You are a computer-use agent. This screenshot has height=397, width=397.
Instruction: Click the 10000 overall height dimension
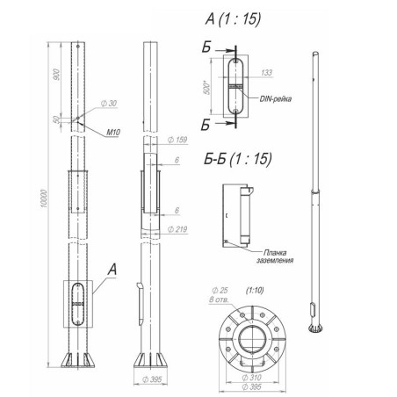[x=43, y=198]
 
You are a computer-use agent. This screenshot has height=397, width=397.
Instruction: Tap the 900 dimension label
[x=56, y=75]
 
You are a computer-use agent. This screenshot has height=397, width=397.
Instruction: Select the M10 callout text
[x=113, y=133]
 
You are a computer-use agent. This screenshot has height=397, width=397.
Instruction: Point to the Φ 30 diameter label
[x=109, y=104]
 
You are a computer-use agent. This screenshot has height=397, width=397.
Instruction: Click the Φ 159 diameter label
[x=177, y=140]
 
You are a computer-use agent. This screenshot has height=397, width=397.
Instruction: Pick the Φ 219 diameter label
[x=177, y=229]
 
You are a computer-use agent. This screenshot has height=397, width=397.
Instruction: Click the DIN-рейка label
[x=276, y=98]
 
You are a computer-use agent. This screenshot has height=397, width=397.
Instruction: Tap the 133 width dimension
[x=266, y=73]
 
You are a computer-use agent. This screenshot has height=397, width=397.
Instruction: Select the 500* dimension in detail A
[x=207, y=88]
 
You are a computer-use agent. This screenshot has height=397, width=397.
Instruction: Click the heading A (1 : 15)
[x=233, y=19]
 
